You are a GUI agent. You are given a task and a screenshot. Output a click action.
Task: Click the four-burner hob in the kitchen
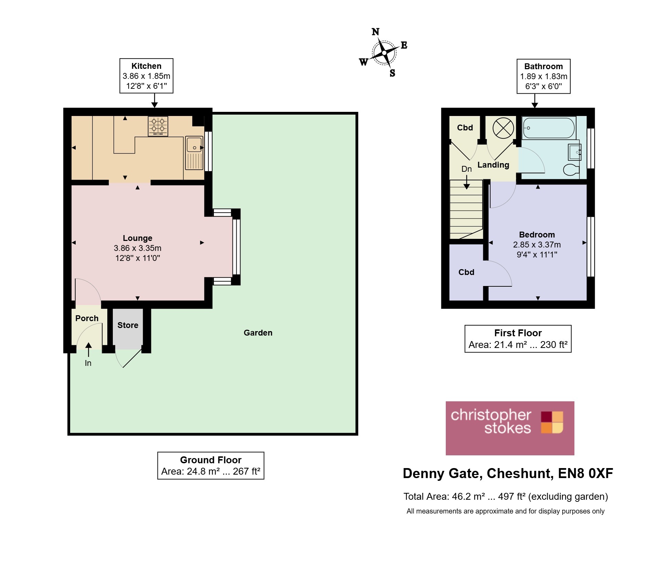coord(158,126)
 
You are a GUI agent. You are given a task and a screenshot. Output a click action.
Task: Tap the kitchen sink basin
coord(194,145)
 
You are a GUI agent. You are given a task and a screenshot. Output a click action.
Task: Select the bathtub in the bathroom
coord(548,128)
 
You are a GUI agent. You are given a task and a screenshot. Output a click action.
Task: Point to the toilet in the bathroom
coord(571,169)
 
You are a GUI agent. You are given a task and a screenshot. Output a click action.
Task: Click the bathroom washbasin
coord(575,152)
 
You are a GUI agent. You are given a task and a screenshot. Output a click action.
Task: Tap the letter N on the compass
coord(376,32)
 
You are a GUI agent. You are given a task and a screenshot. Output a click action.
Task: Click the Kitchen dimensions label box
coord(146,76)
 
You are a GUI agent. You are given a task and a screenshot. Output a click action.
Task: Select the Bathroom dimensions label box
coord(543,76)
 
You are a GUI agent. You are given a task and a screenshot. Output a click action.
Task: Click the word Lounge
coord(137,238)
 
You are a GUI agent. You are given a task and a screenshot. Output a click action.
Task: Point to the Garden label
coord(258,333)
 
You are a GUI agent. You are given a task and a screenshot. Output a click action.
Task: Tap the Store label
coord(128,325)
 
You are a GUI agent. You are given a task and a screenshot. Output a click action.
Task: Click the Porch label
coord(87,318)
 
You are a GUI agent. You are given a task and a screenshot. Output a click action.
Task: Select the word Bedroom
coord(537,235)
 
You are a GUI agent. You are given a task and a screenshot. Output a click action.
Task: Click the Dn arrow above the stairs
coord(466,182)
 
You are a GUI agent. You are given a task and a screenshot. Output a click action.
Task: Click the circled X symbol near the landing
coord(503,128)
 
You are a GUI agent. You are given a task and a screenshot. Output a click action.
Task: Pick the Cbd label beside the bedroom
coord(466,272)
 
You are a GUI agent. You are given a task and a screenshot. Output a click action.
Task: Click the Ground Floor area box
coord(211,465)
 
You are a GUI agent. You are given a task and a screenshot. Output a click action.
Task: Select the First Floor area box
coord(518,339)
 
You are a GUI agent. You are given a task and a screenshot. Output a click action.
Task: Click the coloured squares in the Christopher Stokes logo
coord(552,422)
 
